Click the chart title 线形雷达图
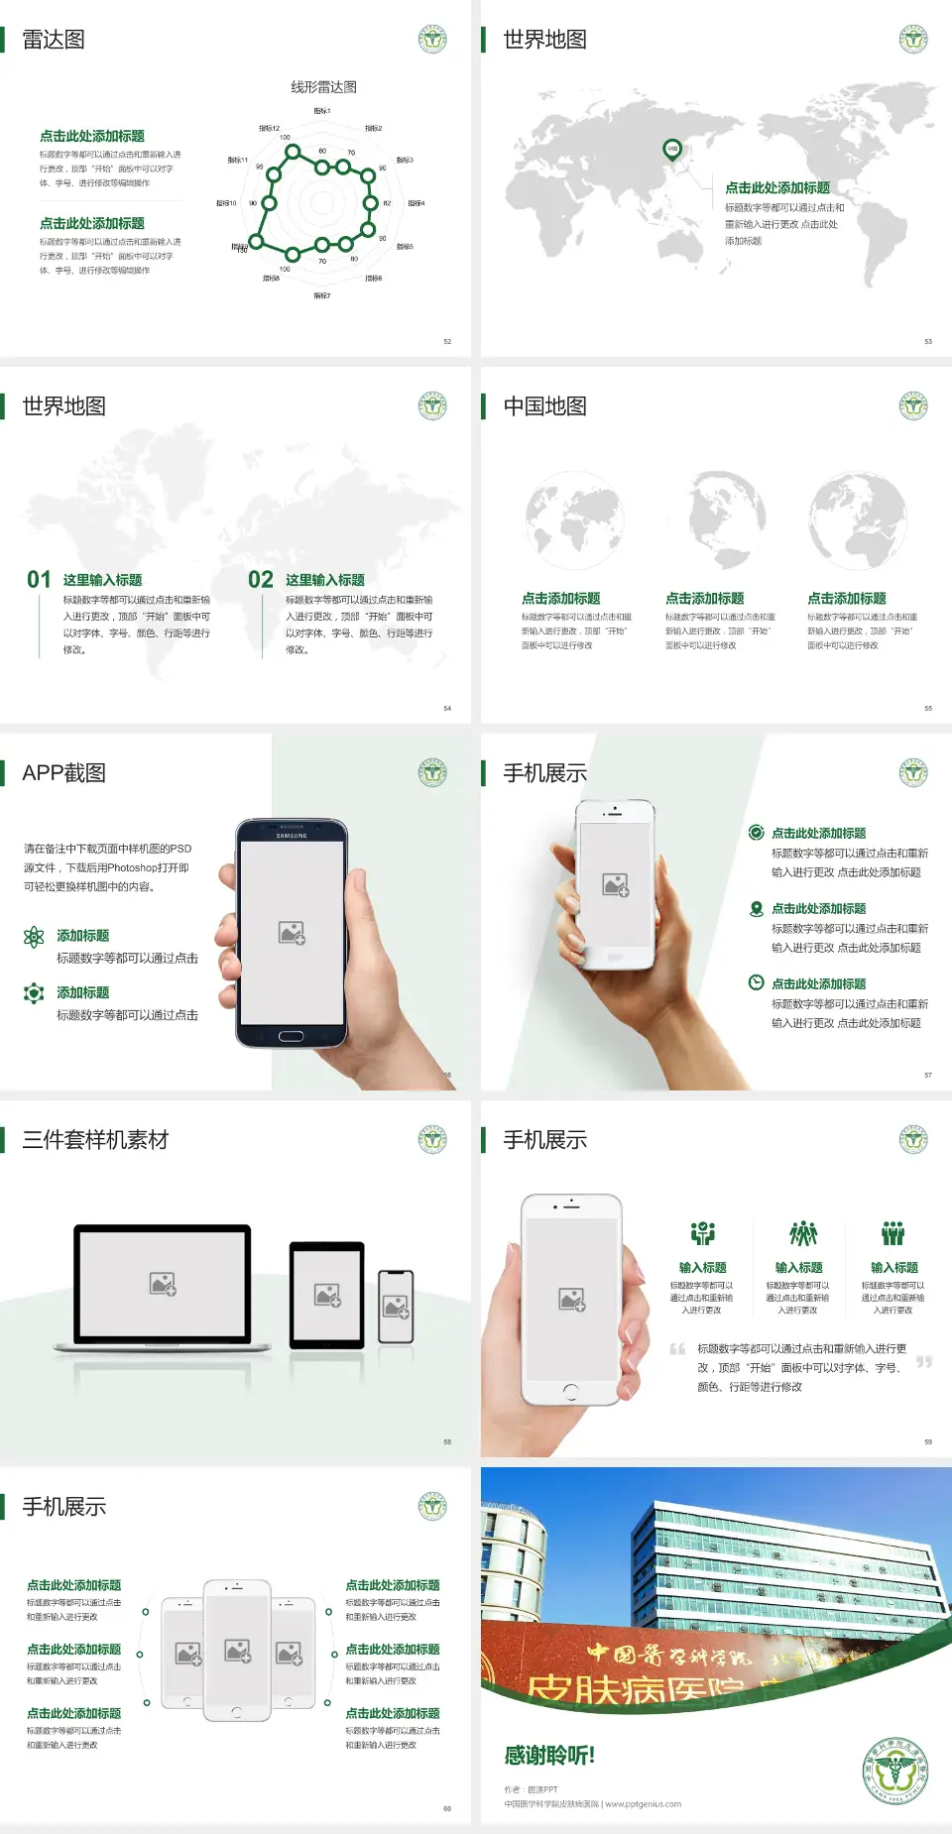click(x=323, y=87)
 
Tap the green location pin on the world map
click(x=671, y=150)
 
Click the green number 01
click(x=39, y=580)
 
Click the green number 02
click(x=261, y=580)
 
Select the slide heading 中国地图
click(x=544, y=406)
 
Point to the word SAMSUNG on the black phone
click(x=292, y=836)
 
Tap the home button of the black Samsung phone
click(x=291, y=1036)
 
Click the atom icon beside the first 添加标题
click(x=34, y=937)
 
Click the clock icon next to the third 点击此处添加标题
click(x=756, y=982)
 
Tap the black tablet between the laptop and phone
click(x=327, y=1295)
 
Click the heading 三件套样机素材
click(x=95, y=1140)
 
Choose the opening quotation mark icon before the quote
click(x=677, y=1349)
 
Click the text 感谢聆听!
click(x=549, y=1756)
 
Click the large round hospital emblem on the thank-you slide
click(x=894, y=1770)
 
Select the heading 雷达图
click(x=54, y=40)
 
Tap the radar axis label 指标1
click(x=322, y=111)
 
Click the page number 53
click(x=928, y=341)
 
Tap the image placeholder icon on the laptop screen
click(x=163, y=1284)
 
